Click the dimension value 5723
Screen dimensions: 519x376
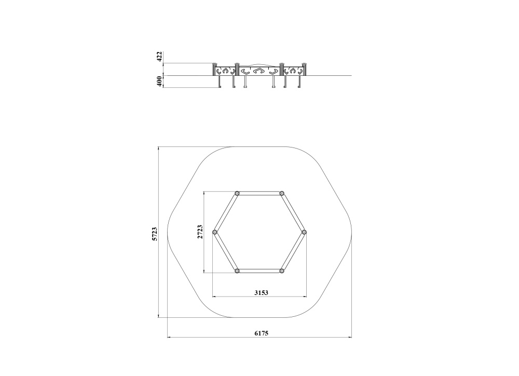click(x=155, y=234)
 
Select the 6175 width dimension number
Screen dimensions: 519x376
click(x=262, y=333)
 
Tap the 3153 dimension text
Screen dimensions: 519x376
click(x=261, y=292)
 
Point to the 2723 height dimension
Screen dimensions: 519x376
click(x=200, y=232)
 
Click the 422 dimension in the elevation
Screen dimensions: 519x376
click(x=159, y=56)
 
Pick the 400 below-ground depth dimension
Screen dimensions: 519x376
click(x=159, y=81)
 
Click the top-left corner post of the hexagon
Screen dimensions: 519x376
click(x=237, y=193)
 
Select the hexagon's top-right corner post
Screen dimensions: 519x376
click(x=282, y=193)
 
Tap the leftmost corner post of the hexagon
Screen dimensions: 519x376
click(x=214, y=232)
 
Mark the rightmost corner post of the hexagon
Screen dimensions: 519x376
click(x=304, y=232)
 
